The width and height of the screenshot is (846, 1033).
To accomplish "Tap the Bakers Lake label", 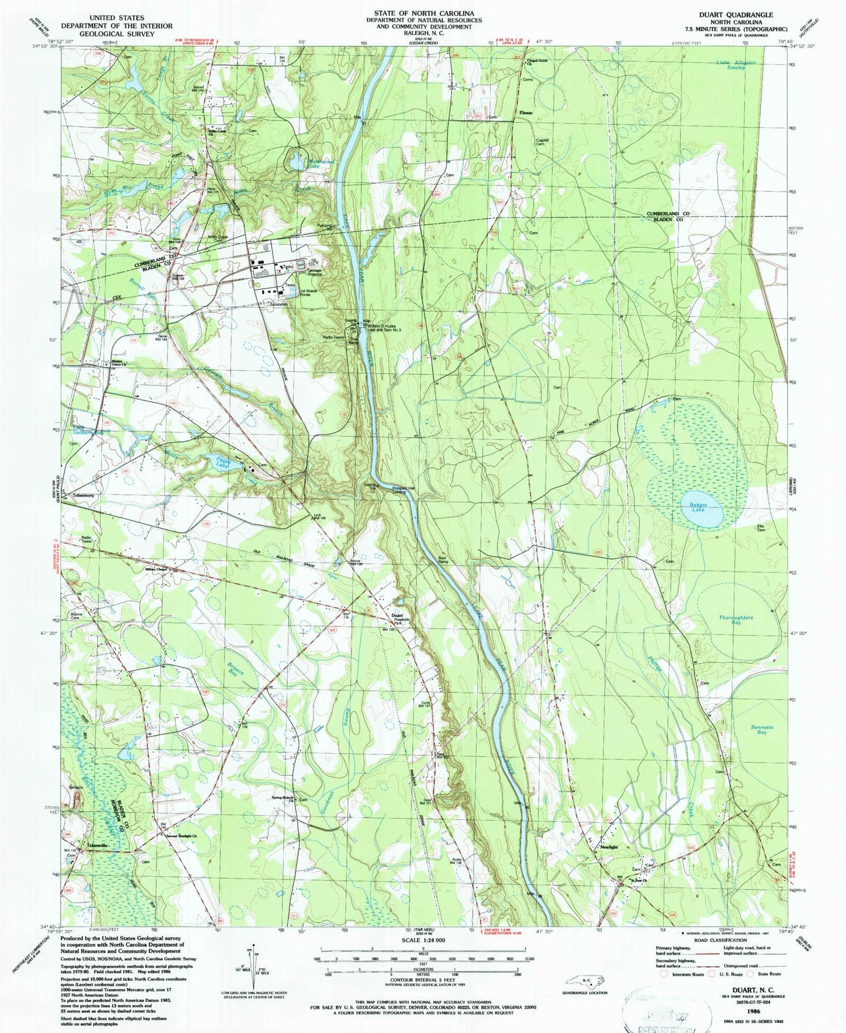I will pyautogui.click(x=698, y=505).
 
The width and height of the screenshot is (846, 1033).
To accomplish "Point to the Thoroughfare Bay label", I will pyautogui.click(x=735, y=620).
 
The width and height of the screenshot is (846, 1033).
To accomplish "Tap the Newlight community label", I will pyautogui.click(x=610, y=847).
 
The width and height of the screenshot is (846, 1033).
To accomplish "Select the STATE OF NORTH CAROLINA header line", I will pyautogui.click(x=422, y=12).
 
